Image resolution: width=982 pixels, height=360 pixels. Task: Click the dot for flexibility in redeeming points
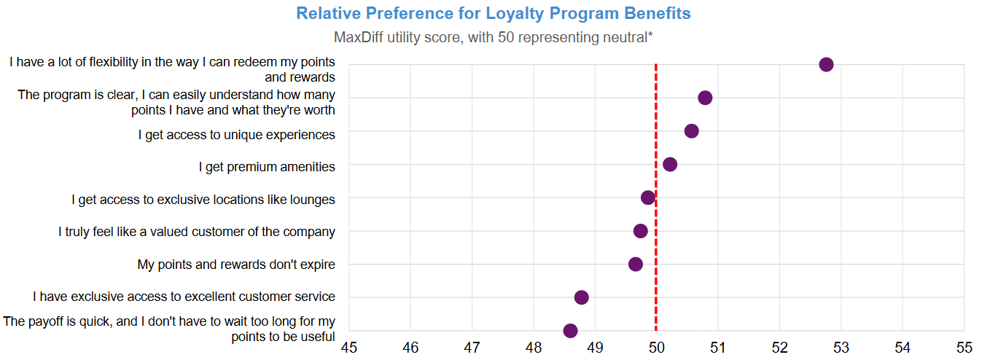[x=826, y=64]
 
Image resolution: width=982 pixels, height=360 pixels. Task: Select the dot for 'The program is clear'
[x=705, y=98]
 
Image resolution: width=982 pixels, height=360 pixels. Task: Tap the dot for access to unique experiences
[x=692, y=131]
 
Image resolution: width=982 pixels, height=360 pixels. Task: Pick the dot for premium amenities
[x=670, y=165]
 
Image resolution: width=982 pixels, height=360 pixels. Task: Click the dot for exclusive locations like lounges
[x=648, y=197]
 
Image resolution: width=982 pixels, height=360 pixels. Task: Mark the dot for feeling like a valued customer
[x=641, y=231]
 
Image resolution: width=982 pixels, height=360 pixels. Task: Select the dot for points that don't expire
[x=636, y=264]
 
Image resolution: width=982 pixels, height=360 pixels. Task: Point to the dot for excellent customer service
[x=581, y=297]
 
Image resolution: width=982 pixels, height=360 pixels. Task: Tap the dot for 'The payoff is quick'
[x=570, y=331]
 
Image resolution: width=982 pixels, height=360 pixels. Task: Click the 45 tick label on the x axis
[x=349, y=347]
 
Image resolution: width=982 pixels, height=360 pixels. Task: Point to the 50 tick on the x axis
[x=657, y=347]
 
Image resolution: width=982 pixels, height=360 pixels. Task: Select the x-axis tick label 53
[x=841, y=347]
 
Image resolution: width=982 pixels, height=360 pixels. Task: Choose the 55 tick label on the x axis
[x=964, y=347]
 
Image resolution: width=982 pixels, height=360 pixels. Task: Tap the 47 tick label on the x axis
[x=472, y=347]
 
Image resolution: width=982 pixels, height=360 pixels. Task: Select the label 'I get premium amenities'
[x=267, y=167]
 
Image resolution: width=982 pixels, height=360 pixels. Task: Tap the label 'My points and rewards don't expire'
[x=236, y=265]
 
